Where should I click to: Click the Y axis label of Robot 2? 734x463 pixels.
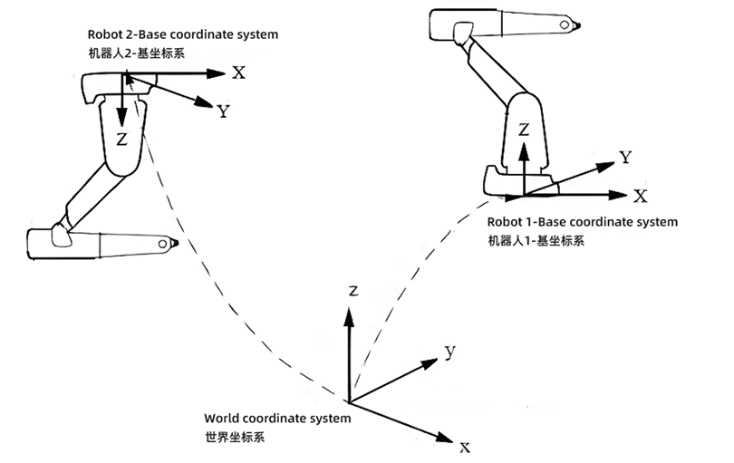point(222,111)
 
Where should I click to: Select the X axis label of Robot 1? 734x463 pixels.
point(640,196)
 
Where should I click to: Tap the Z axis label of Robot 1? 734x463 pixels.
point(524,130)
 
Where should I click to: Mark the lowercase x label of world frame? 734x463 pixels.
point(464,447)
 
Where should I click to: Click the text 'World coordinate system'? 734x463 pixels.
point(276,419)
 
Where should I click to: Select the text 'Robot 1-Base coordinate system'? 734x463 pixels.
point(582,222)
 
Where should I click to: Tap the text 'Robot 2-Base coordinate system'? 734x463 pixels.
point(182,34)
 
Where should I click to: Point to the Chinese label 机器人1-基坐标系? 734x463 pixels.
point(536,241)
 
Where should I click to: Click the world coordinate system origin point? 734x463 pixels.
point(349,401)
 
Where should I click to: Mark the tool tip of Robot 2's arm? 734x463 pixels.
point(175,244)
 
